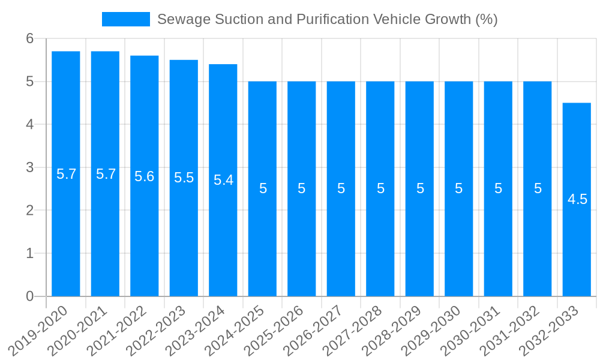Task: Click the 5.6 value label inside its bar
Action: [145, 176]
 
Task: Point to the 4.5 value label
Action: [577, 200]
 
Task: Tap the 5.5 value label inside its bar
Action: [184, 178]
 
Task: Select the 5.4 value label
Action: [223, 180]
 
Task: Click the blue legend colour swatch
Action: [126, 19]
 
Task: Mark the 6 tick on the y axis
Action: [30, 38]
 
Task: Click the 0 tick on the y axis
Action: [30, 296]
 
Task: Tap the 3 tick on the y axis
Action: [30, 167]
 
